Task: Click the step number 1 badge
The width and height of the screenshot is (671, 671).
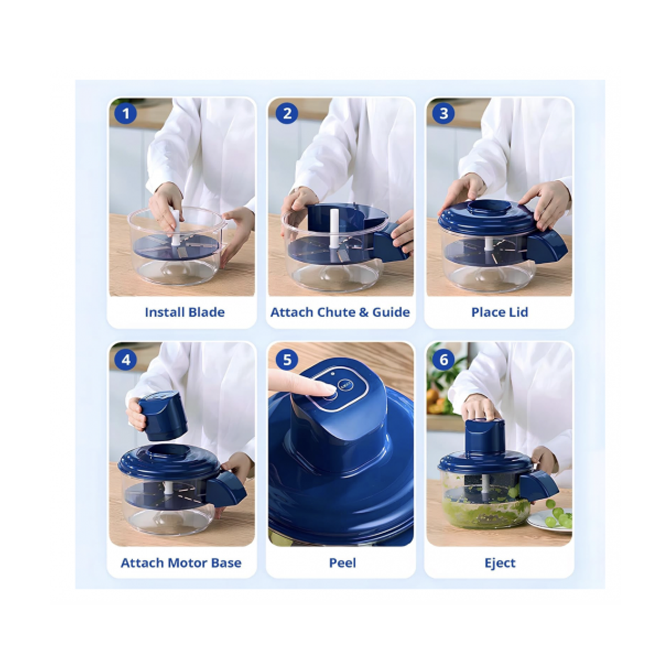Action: [126, 114]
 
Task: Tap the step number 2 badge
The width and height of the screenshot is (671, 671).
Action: [287, 114]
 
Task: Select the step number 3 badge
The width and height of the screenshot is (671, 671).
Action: [443, 114]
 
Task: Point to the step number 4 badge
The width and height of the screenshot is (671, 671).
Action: [126, 360]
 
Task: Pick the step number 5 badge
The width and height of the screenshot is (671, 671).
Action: [287, 360]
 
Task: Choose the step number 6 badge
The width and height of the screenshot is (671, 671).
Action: [443, 360]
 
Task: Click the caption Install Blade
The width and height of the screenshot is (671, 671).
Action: [185, 312]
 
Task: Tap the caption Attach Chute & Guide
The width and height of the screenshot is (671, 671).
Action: [340, 312]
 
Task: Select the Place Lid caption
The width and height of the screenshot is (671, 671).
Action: [500, 312]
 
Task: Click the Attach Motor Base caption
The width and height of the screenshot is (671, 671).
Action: [181, 563]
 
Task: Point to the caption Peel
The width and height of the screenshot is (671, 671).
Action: [342, 563]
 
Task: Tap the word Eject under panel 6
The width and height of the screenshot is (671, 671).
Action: [500, 563]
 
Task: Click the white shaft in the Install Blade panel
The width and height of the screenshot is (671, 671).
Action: [176, 228]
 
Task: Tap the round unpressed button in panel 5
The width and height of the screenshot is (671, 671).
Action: [346, 386]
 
